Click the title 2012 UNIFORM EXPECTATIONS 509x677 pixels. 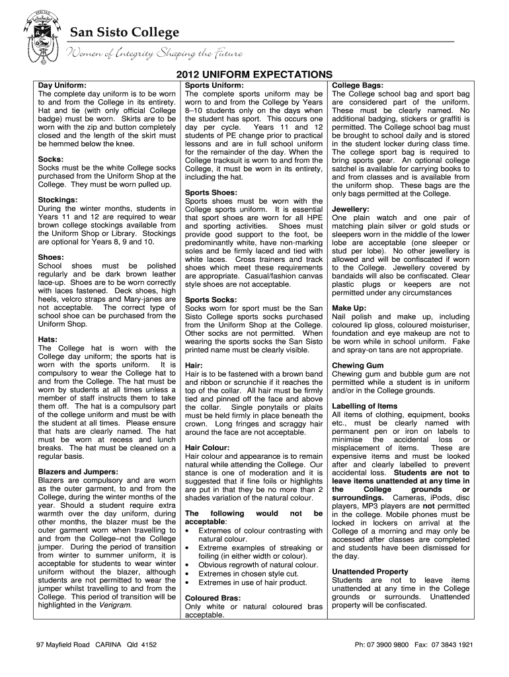pos(254,74)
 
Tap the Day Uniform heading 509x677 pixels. pos(62,86)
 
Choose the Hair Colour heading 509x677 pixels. pos(207,448)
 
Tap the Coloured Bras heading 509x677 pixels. pos(213,598)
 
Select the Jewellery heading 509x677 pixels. pos(350,209)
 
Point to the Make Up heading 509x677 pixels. pos(349,308)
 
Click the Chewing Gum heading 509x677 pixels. pos(357,365)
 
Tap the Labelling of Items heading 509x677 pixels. pos(365,406)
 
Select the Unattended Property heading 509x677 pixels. pos(370,571)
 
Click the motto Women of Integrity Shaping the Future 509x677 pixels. pos(154,53)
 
